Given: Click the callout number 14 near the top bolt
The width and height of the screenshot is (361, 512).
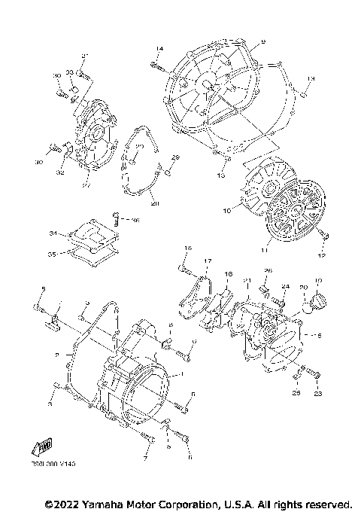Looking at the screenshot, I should point(159,49).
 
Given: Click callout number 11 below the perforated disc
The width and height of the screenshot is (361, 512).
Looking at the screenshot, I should point(263,248).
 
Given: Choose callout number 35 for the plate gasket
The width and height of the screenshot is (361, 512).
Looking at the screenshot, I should point(53,254).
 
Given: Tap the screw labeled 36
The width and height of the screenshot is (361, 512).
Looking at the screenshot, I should point(118,220).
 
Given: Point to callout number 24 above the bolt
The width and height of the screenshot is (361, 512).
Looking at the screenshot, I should point(285,286).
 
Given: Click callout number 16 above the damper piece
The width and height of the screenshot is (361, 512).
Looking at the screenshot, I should point(229,274).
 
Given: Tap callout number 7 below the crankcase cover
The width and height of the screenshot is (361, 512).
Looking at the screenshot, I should point(146,457).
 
